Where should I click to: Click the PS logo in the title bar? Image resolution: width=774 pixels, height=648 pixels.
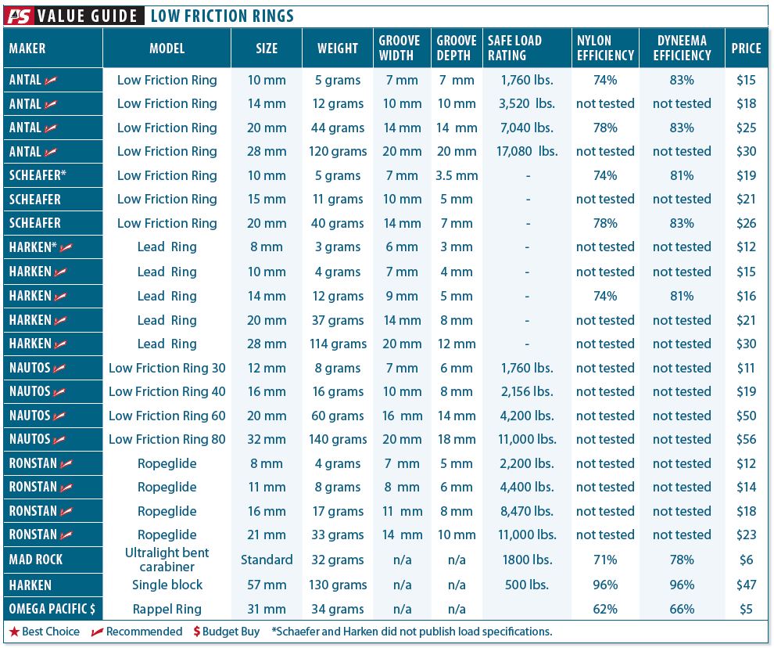(x=19, y=15)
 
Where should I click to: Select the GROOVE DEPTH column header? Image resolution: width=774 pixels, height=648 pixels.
(x=457, y=48)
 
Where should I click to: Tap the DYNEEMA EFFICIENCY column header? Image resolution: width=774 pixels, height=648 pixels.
(x=682, y=48)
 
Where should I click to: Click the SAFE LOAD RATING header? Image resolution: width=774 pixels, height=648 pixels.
(x=514, y=48)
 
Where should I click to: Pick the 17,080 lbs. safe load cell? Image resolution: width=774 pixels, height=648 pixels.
(x=528, y=151)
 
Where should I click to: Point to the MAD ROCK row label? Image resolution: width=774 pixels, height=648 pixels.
(x=36, y=560)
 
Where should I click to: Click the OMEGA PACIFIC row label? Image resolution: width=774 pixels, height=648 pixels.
(x=52, y=609)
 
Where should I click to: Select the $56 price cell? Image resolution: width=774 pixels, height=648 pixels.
(x=746, y=439)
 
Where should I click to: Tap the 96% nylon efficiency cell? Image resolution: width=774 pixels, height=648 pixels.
(x=605, y=585)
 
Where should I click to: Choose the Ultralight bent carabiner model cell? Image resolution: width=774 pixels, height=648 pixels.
(x=167, y=560)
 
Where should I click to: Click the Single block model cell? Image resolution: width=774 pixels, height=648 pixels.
(x=167, y=585)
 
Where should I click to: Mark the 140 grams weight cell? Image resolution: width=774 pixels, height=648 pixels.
(x=338, y=439)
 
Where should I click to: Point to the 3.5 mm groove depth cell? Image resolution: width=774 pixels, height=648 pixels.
(x=457, y=175)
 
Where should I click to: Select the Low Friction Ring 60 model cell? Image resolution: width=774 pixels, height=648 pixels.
(x=167, y=416)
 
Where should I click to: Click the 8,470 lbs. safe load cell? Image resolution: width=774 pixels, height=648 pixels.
(x=528, y=511)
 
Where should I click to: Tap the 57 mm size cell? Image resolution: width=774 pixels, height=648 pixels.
(x=267, y=585)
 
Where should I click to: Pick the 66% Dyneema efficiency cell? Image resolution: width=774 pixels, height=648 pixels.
(x=682, y=609)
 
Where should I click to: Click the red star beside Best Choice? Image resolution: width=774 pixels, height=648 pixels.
(x=14, y=632)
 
